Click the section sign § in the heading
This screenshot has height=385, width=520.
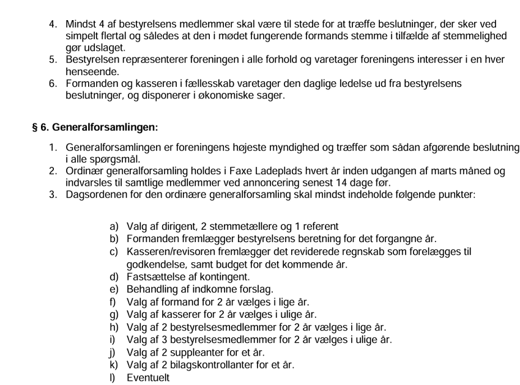[x=35, y=128]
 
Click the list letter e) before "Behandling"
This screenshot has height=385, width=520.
[x=114, y=289]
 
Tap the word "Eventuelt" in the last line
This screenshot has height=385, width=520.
[x=148, y=377]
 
